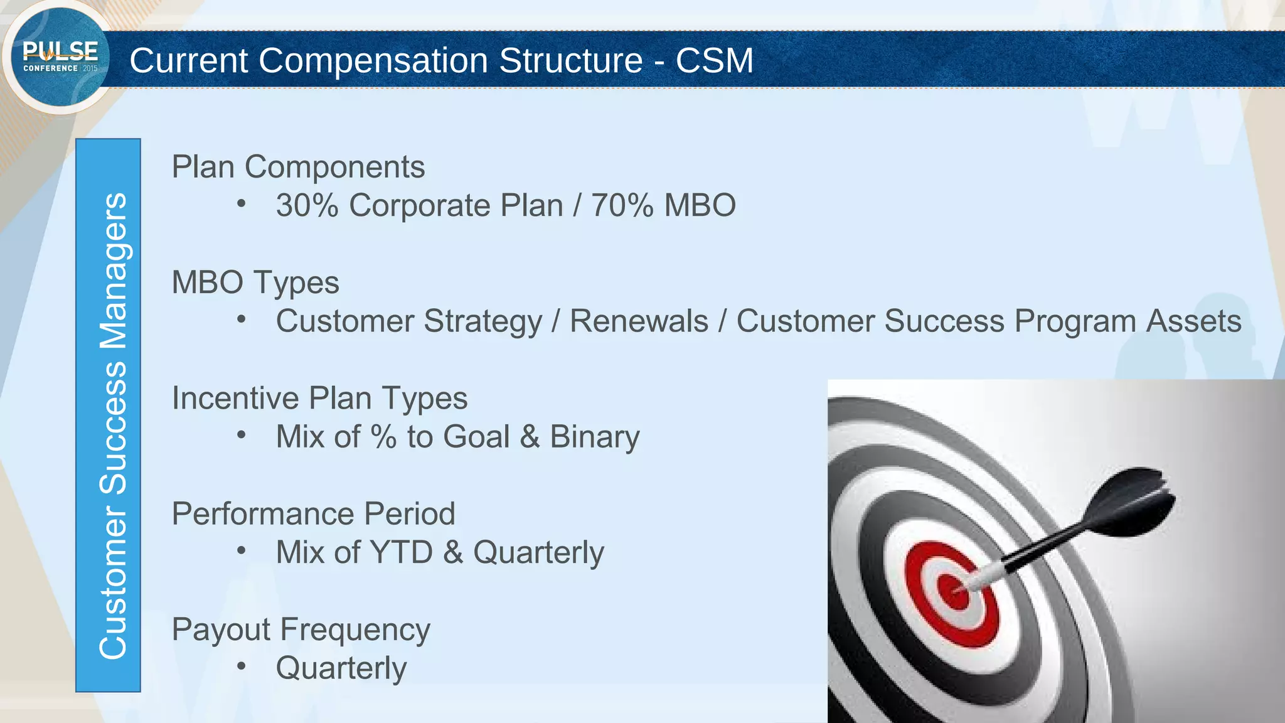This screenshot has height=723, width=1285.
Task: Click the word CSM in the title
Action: pos(714,60)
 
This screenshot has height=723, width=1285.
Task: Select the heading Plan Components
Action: pos(298,167)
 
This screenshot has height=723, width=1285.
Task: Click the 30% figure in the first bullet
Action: pos(307,206)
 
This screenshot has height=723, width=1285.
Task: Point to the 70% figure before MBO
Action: pos(622,206)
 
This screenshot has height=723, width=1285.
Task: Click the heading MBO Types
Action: pos(255,282)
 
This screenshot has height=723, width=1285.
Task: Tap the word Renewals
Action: pos(639,321)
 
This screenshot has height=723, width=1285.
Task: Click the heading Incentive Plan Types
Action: pos(319,399)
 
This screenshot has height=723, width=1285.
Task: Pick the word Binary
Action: pos(594,437)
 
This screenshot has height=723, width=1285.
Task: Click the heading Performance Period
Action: pos(313,514)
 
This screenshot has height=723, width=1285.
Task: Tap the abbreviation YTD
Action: pos(402,552)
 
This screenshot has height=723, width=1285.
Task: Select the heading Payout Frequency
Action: pos(301,629)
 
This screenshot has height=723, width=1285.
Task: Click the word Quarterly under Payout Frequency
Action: pos(341,668)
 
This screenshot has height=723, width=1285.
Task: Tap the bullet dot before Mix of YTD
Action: pos(242,551)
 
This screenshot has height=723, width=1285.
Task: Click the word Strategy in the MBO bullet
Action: pos(483,321)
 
